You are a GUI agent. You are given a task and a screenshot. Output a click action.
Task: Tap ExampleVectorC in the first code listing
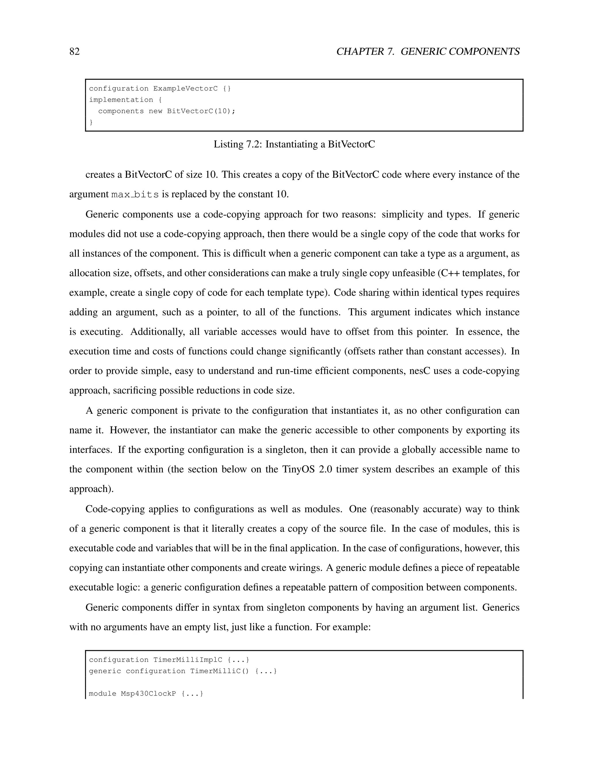pos(185,89)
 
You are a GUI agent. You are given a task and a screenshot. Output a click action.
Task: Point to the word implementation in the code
pos(121,100)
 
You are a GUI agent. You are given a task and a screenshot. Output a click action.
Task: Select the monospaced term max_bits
pos(135,194)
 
